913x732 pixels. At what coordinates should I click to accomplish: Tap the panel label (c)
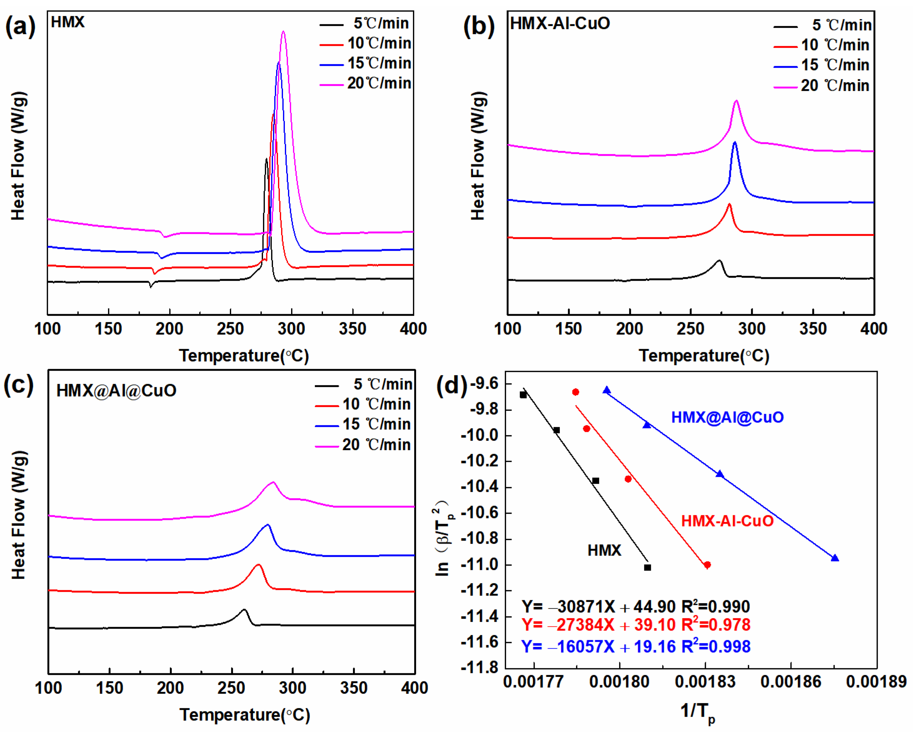[x=19, y=385]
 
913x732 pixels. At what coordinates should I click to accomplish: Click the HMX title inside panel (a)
[x=68, y=22]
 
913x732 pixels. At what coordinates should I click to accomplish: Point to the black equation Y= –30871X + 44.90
[x=635, y=607]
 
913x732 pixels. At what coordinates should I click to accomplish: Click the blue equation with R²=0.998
[x=635, y=646]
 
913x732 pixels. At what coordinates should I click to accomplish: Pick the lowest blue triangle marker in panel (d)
[x=835, y=558]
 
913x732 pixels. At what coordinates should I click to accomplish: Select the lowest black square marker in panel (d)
[x=648, y=567]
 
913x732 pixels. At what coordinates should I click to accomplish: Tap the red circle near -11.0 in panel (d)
[x=707, y=565]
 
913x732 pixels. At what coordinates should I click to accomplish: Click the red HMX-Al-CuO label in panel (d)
[x=727, y=521]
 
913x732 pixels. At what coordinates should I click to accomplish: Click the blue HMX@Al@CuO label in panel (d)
[x=727, y=417]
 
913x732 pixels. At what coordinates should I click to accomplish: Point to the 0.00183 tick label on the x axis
[x=705, y=682]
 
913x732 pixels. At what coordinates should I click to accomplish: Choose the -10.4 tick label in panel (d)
[x=480, y=487]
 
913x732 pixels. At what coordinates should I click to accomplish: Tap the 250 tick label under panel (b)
[x=690, y=329]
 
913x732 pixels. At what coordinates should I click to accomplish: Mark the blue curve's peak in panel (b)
[x=735, y=142]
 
